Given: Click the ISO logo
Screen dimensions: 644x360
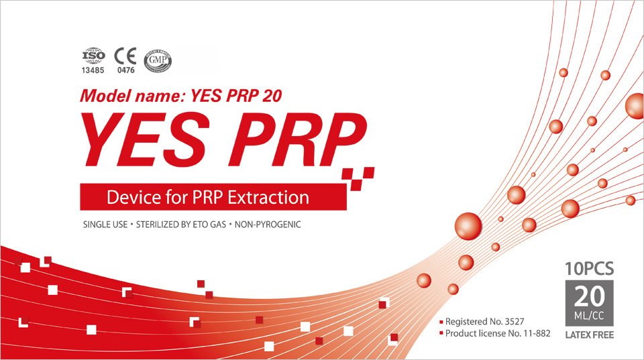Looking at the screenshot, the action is tap(93, 56).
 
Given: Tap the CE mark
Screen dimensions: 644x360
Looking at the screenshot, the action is tap(125, 56).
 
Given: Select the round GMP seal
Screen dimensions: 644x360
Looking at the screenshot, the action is tap(158, 61).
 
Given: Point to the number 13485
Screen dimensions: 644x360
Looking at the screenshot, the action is tap(93, 70).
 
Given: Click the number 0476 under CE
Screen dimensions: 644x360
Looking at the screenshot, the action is tap(125, 70).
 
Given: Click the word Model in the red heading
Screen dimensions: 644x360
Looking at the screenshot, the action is tap(105, 96).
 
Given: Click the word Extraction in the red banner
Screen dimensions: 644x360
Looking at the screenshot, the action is tap(268, 198).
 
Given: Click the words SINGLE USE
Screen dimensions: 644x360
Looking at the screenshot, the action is tap(105, 225).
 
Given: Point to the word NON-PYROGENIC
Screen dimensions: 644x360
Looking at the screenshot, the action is tap(268, 225).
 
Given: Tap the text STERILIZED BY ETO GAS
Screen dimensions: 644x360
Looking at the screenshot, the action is tap(180, 225).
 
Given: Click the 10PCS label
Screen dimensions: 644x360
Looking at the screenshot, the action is tap(590, 269).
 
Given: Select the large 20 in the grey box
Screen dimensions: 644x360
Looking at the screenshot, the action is tap(590, 296).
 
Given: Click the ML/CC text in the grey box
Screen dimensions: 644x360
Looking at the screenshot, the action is tap(590, 316).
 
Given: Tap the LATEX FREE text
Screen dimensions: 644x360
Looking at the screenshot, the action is tap(590, 335).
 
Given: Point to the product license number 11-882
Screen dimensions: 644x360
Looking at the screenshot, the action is tap(537, 333).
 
